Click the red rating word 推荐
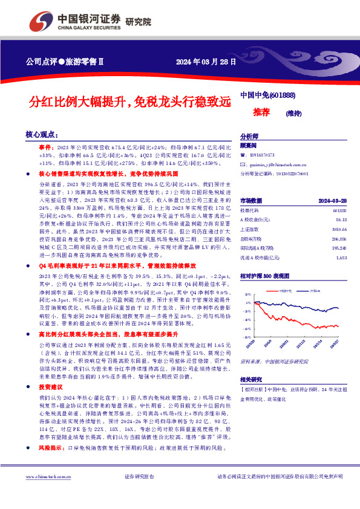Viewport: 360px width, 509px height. point(261,112)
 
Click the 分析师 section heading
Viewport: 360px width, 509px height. point(249,137)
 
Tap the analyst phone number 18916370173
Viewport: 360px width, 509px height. point(262,155)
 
